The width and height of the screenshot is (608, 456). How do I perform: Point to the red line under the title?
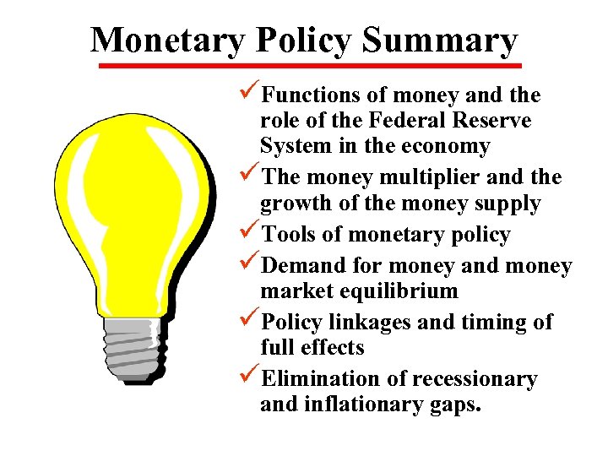point(309,66)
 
